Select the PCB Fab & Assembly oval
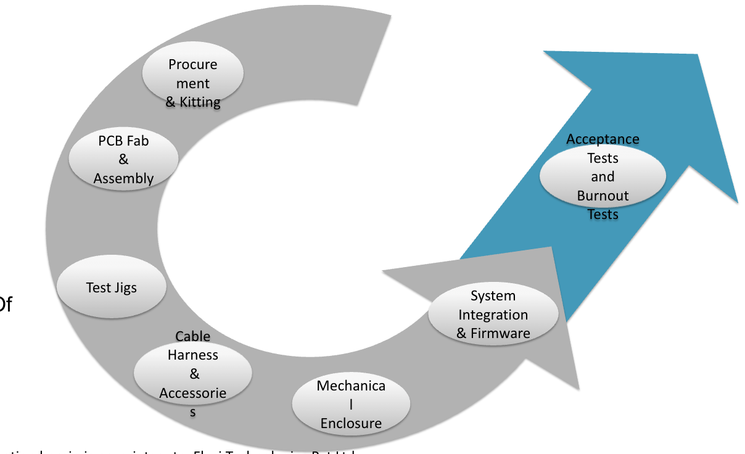(x=123, y=159)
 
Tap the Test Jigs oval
(x=111, y=287)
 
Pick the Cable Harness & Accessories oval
(x=193, y=372)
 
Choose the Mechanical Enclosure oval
(x=351, y=405)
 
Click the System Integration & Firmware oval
(x=493, y=314)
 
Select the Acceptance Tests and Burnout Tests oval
(x=603, y=176)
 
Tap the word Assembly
(x=123, y=179)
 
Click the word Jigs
(x=125, y=287)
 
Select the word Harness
(x=193, y=355)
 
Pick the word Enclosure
(x=351, y=424)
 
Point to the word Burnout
(x=603, y=196)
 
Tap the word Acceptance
(x=603, y=139)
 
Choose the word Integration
(x=493, y=315)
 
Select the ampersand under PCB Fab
(x=123, y=160)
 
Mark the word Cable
(x=193, y=337)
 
